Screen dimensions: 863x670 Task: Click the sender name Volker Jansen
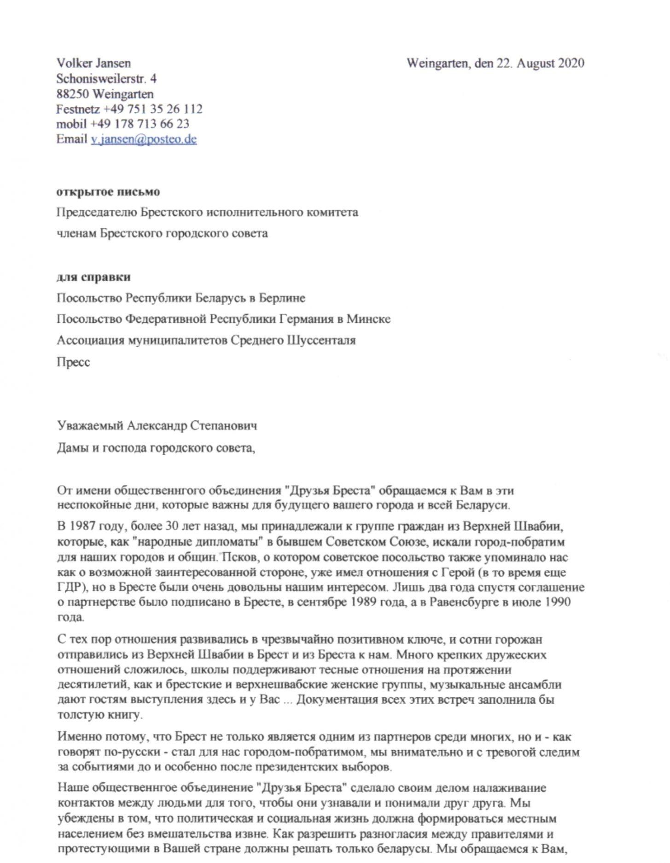point(93,63)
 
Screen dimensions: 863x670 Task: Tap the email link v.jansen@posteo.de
point(144,139)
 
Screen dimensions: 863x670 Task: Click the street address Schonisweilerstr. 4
point(106,79)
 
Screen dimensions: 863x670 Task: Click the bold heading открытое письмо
point(108,192)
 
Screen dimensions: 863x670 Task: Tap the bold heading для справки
point(93,277)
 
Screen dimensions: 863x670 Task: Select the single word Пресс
point(73,362)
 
